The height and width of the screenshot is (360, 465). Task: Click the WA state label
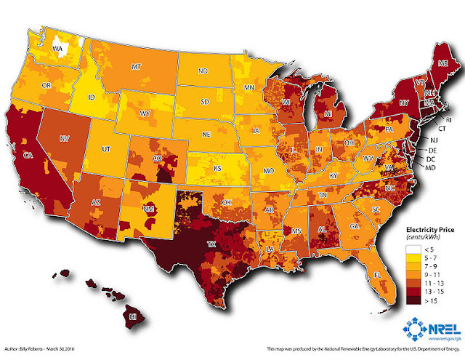pyautogui.click(x=60, y=49)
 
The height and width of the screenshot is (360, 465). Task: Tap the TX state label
pyautogui.click(x=211, y=245)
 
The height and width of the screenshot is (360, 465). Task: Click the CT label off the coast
pyautogui.click(x=442, y=128)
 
